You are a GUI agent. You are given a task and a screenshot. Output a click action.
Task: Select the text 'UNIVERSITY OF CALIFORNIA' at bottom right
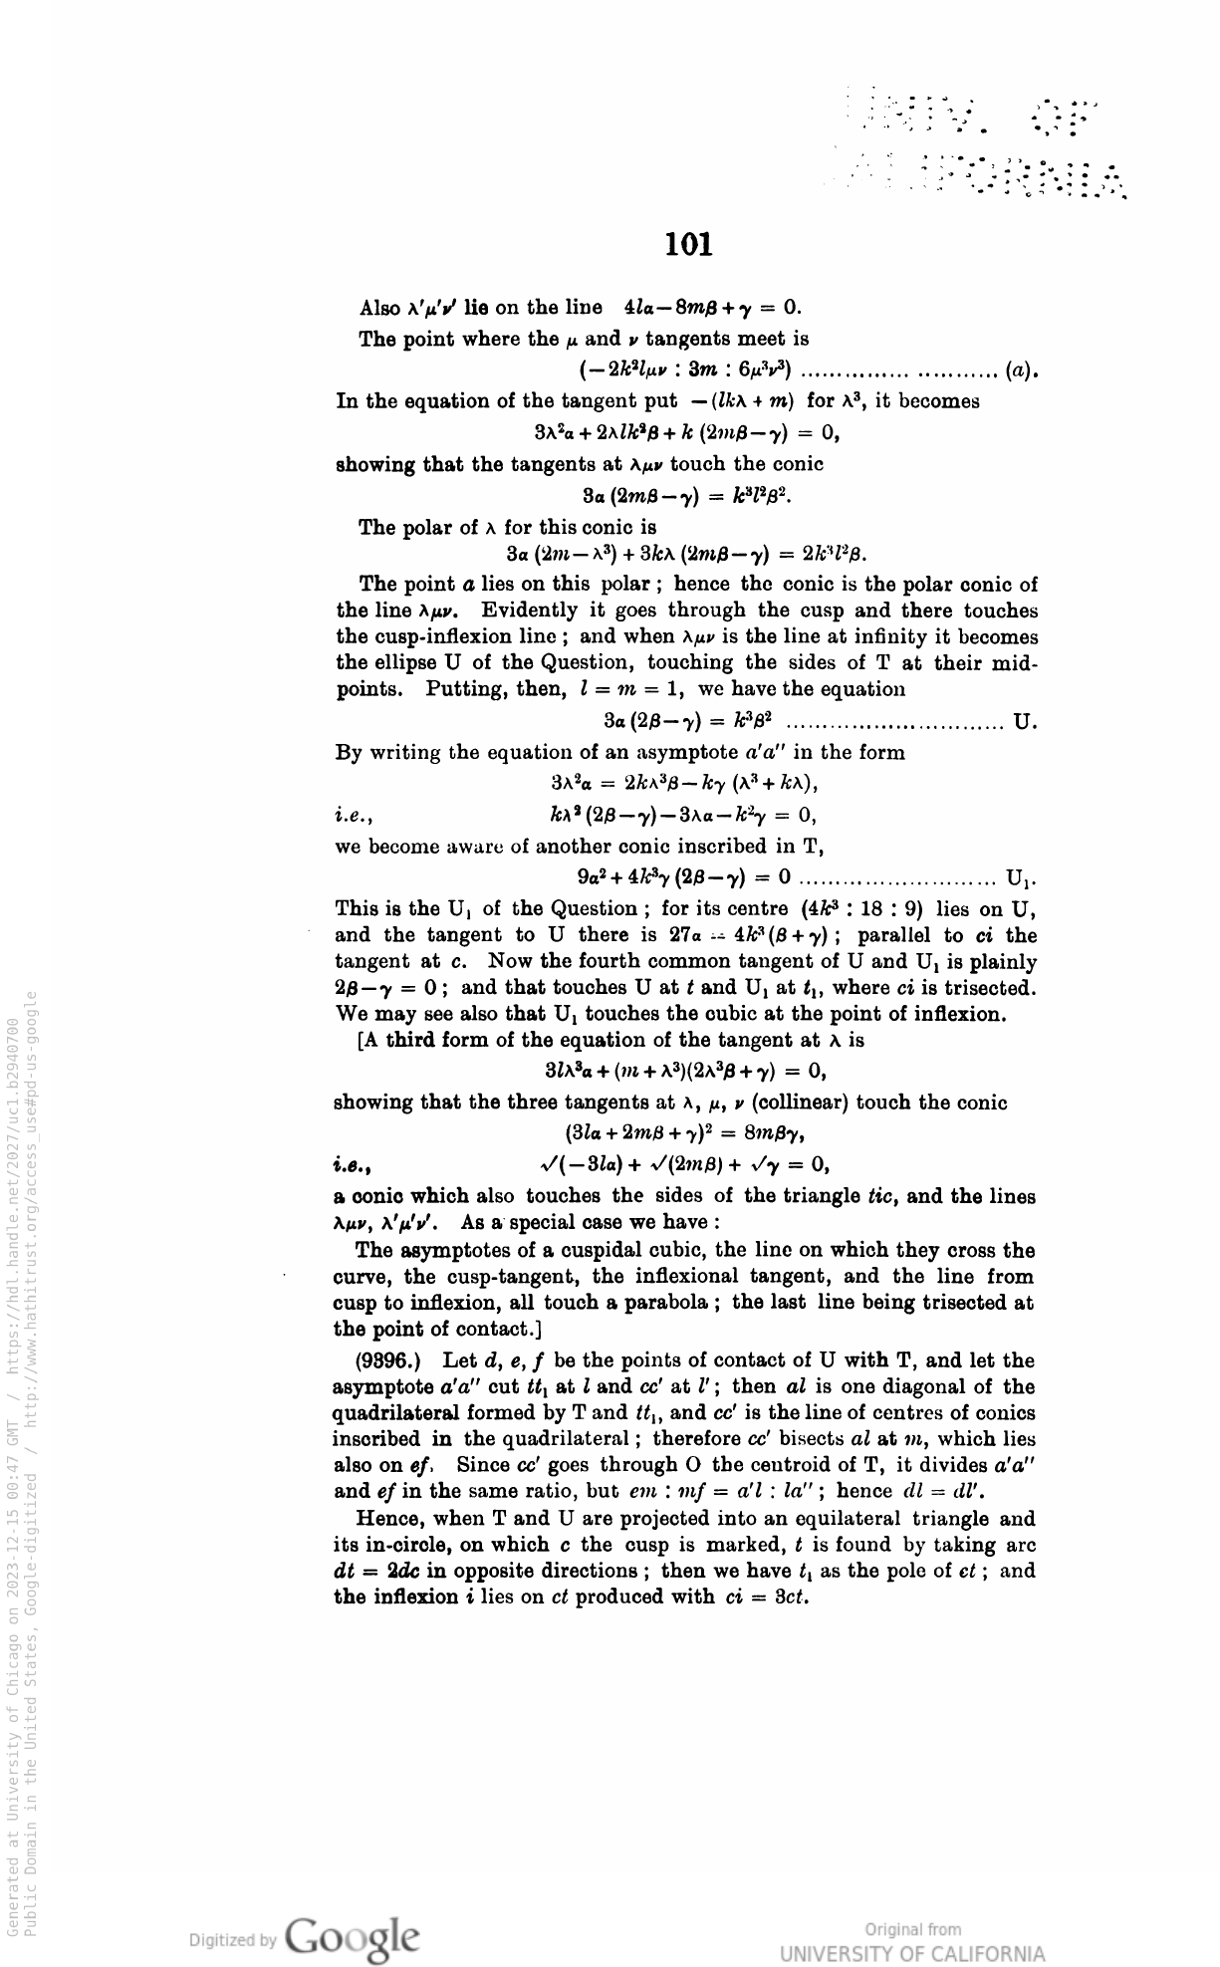coord(913,1953)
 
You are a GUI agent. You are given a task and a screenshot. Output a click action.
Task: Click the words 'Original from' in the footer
coord(913,1930)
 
